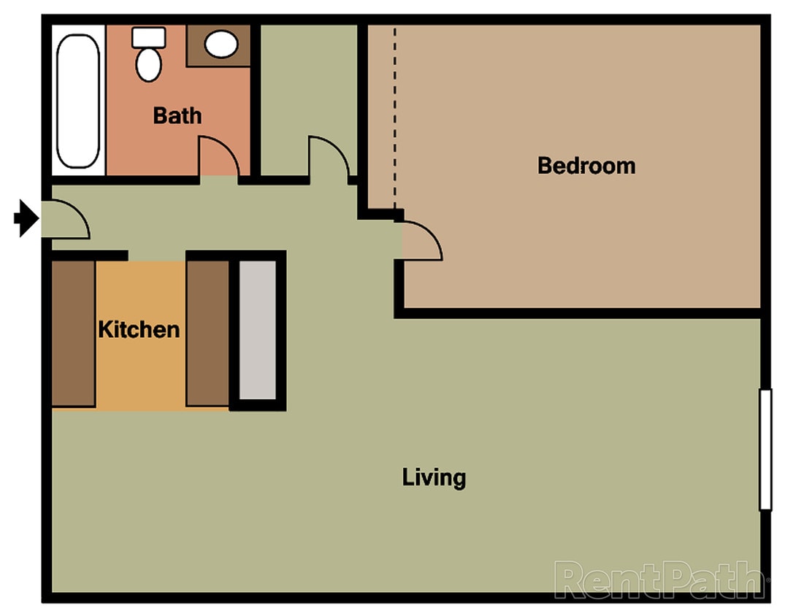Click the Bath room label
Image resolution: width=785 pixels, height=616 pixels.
coord(177,115)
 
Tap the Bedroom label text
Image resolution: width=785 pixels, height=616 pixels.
coord(586,166)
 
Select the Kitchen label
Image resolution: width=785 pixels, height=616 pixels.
coord(139,329)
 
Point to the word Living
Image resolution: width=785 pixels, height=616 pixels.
coord(434,478)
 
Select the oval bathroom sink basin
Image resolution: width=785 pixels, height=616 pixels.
coord(221,45)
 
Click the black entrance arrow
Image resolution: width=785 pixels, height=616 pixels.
coord(26,218)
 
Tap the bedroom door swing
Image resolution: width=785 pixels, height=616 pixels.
coord(420,242)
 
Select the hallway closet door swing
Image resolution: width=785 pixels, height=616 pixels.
coord(326,155)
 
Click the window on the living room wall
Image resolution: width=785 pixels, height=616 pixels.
coord(765,450)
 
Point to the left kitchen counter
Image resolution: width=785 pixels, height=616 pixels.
coord(73,333)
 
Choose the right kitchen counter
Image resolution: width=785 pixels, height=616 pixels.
coord(207,333)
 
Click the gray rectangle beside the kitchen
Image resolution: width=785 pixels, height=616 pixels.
coord(258,330)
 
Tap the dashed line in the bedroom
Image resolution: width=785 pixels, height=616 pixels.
coord(395,117)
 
